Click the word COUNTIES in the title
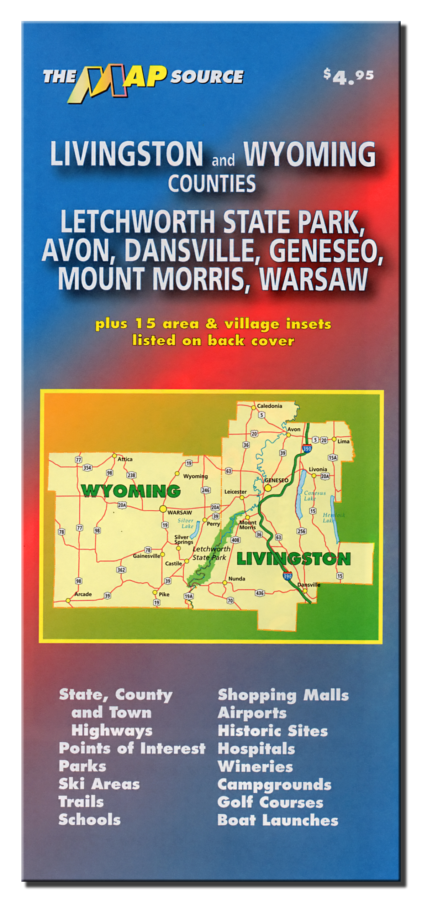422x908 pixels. tap(212, 184)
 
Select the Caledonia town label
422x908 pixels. tap(269, 406)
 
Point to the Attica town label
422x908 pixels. tap(125, 459)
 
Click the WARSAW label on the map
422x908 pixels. tap(179, 512)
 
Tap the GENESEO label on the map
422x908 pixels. tap(276, 480)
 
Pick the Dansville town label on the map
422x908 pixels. tap(309, 585)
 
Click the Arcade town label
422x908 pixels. tap(83, 594)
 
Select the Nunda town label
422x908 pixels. tap(237, 579)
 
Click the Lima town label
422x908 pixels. tap(343, 441)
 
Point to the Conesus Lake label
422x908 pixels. tap(315, 496)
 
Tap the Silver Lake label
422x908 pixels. tap(186, 523)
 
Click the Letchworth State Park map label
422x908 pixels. tap(211, 553)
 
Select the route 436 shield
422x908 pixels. tap(260, 593)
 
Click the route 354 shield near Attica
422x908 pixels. tap(87, 468)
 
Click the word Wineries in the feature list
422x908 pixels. tap(255, 766)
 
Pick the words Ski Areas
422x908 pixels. tap(99, 784)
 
